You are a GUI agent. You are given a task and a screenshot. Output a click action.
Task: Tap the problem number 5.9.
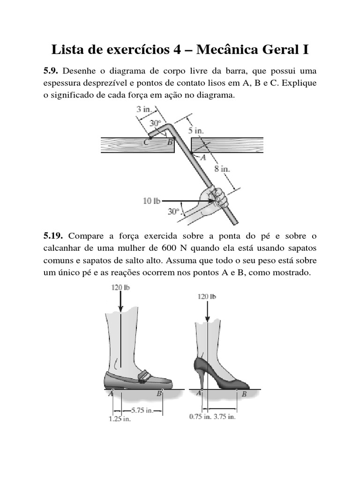coord(50,72)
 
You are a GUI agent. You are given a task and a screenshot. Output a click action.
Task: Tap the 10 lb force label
coord(151,201)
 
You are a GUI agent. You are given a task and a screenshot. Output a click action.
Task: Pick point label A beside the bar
coord(203,158)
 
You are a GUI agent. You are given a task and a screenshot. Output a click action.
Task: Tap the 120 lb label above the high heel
coord(207,296)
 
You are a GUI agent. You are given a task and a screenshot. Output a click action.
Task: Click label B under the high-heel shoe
coord(244,395)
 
